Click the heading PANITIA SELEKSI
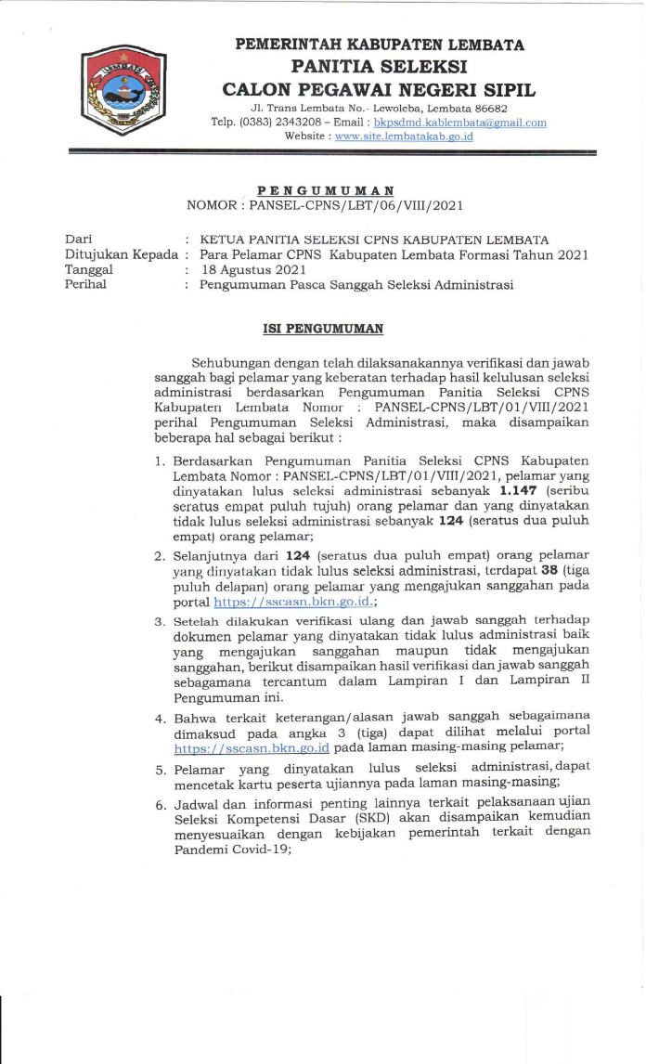point(379,67)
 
